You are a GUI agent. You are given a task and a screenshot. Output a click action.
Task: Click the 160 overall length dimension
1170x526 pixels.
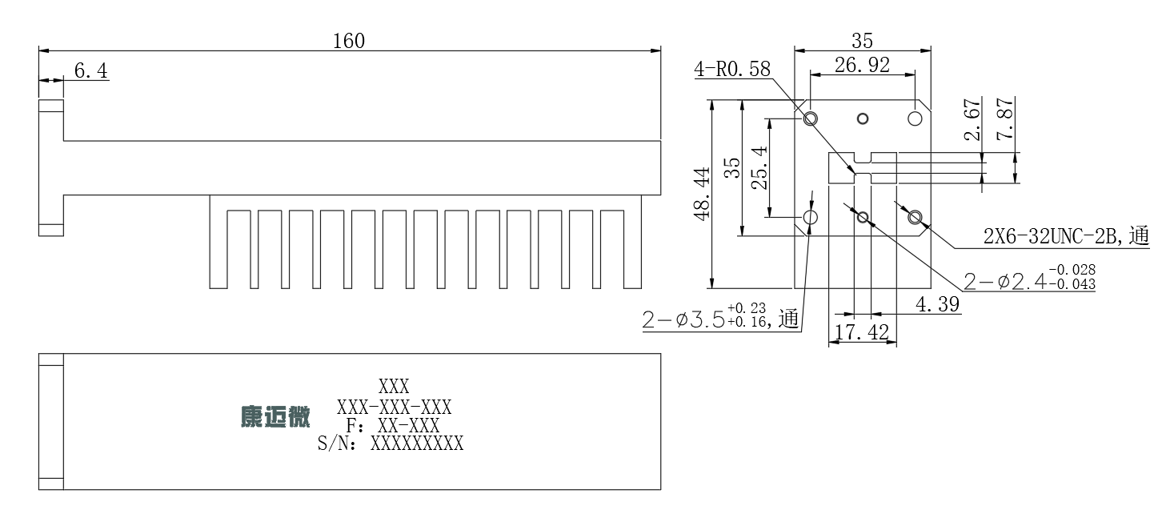tap(349, 41)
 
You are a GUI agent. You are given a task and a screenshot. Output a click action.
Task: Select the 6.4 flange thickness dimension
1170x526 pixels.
tap(91, 70)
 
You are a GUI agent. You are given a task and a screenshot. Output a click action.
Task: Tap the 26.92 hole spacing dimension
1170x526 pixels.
tap(862, 65)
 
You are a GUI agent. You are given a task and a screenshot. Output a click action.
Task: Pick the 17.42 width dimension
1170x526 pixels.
tap(862, 332)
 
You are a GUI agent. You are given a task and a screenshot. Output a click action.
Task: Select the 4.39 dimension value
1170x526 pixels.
tap(938, 304)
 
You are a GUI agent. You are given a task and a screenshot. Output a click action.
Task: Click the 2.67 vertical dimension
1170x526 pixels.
tap(972, 119)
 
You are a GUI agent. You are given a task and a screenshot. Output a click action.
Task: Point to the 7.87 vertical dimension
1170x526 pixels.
tap(1006, 119)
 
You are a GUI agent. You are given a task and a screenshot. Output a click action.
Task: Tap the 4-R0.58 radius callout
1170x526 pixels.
tap(732, 69)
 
